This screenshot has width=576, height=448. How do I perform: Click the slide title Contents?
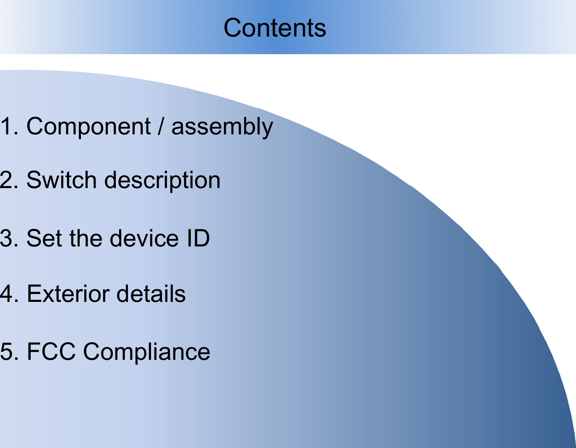click(275, 28)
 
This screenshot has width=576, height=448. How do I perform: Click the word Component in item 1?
click(88, 126)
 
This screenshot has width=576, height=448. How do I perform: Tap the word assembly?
click(222, 127)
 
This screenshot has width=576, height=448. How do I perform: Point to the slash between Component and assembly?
click(161, 126)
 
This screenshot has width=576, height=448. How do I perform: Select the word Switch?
click(61, 180)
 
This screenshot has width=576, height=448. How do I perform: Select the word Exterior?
click(68, 293)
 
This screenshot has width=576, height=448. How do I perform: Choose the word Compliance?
click(146, 352)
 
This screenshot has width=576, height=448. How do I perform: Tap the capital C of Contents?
click(233, 28)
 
